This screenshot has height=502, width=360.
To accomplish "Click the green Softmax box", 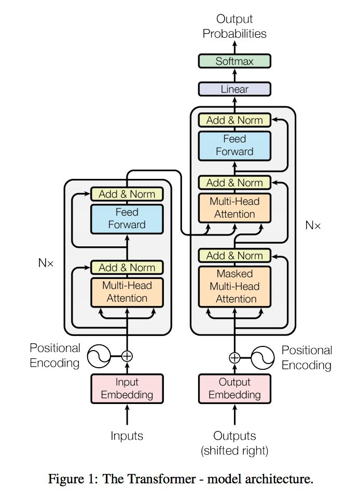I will [234, 61].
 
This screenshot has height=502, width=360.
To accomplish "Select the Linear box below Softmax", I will [234, 89].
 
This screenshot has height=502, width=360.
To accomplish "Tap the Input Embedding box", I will [127, 388].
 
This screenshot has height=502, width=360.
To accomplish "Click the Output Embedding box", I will [234, 388].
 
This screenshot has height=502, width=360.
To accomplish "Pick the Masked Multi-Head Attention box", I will [234, 286].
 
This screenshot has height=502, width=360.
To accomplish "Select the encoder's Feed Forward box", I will [127, 218].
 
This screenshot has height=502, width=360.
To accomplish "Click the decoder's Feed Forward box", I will [234, 145].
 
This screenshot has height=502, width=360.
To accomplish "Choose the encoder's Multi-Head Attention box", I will [127, 291].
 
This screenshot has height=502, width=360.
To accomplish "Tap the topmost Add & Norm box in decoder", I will [234, 120].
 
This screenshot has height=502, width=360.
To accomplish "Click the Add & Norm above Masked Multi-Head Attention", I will [234, 255].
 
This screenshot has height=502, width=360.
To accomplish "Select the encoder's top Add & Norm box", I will [127, 194].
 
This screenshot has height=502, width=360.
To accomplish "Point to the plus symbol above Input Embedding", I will [127, 356].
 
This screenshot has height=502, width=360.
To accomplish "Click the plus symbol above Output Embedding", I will [234, 357].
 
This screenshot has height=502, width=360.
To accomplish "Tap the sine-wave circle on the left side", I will [98, 356].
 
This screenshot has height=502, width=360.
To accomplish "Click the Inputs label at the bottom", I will [127, 436].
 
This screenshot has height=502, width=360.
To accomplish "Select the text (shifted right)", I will [234, 451].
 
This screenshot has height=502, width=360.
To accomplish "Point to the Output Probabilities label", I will [234, 26].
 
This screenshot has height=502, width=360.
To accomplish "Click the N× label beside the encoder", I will [46, 262].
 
